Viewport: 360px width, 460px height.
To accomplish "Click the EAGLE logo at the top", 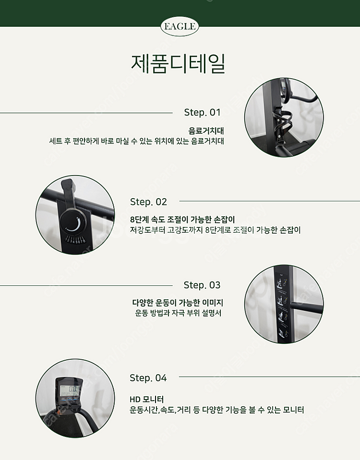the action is click(x=180, y=26).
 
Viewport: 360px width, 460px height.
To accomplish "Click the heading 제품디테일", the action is click(x=178, y=63).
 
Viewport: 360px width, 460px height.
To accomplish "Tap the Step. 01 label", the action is click(x=202, y=112).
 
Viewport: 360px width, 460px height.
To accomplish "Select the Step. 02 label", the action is click(x=148, y=201).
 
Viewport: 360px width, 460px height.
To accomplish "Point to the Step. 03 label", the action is click(x=202, y=285).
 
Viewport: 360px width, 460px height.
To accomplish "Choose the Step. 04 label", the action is click(x=148, y=377).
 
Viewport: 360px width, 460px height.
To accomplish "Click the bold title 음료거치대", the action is click(x=206, y=130).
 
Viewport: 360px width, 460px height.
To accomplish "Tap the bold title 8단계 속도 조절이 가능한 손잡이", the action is click(x=182, y=219).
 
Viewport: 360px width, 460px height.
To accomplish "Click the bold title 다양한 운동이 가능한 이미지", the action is click(x=178, y=303).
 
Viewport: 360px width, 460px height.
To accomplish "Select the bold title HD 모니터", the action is click(x=146, y=399).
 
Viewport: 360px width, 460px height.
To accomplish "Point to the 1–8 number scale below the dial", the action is click(x=75, y=240).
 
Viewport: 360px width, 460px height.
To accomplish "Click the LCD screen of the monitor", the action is click(x=70, y=390).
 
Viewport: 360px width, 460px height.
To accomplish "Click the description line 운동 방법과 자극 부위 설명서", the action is click(x=178, y=313).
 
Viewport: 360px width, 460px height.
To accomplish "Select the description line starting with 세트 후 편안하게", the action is click(x=136, y=141).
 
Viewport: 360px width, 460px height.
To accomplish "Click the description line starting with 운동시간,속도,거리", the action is click(x=216, y=410).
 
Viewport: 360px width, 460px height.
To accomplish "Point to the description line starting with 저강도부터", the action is click(x=215, y=230).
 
